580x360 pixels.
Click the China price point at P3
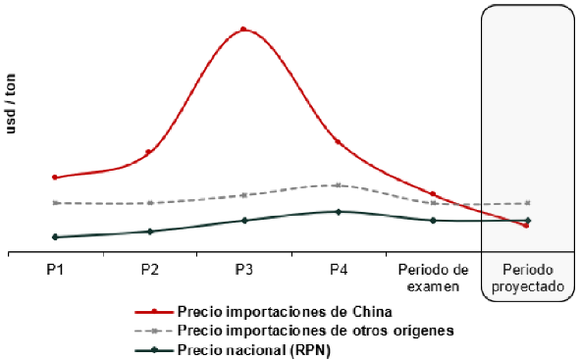coord(243,29)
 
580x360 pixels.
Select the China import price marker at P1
coord(55,178)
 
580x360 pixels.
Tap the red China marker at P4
coord(338,142)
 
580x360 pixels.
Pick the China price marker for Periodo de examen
coord(433,193)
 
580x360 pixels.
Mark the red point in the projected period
coord(526,226)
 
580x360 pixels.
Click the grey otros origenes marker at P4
coord(338,185)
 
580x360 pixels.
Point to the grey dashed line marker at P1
coord(55,203)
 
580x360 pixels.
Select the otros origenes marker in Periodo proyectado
coord(528,203)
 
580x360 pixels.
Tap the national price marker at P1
coord(55,237)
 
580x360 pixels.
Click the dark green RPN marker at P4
coord(338,212)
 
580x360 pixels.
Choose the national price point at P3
coord(244,221)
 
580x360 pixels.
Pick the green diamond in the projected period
coord(528,221)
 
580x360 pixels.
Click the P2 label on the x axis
coord(150,270)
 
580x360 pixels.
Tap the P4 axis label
coord(339,270)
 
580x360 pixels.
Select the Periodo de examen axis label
coord(433,278)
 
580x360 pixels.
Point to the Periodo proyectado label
coord(528,278)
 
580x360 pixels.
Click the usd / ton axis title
coord(11,104)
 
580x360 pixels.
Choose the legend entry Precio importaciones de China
coord(263,312)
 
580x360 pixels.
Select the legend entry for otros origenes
coord(294,331)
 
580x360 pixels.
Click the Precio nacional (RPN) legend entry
coord(233,349)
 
